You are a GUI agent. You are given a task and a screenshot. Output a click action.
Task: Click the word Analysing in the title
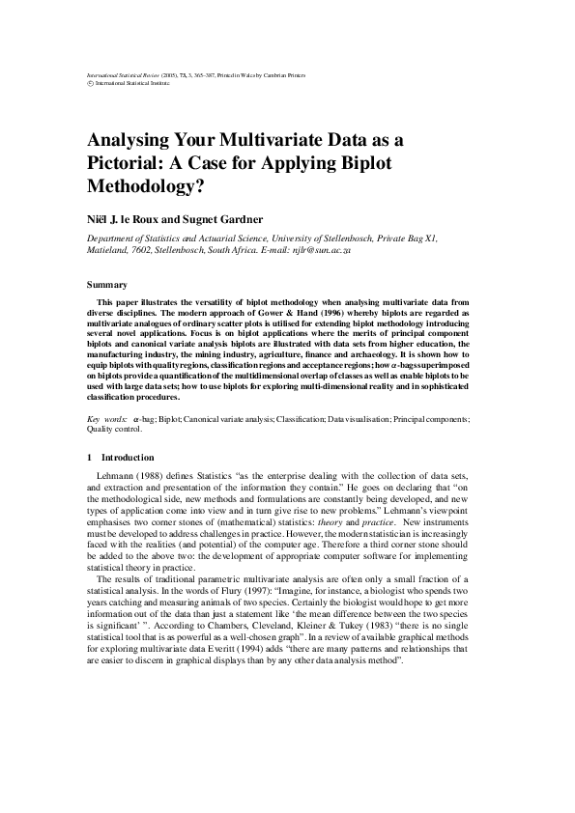point(134,138)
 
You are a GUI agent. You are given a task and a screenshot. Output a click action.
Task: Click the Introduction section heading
point(128,457)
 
